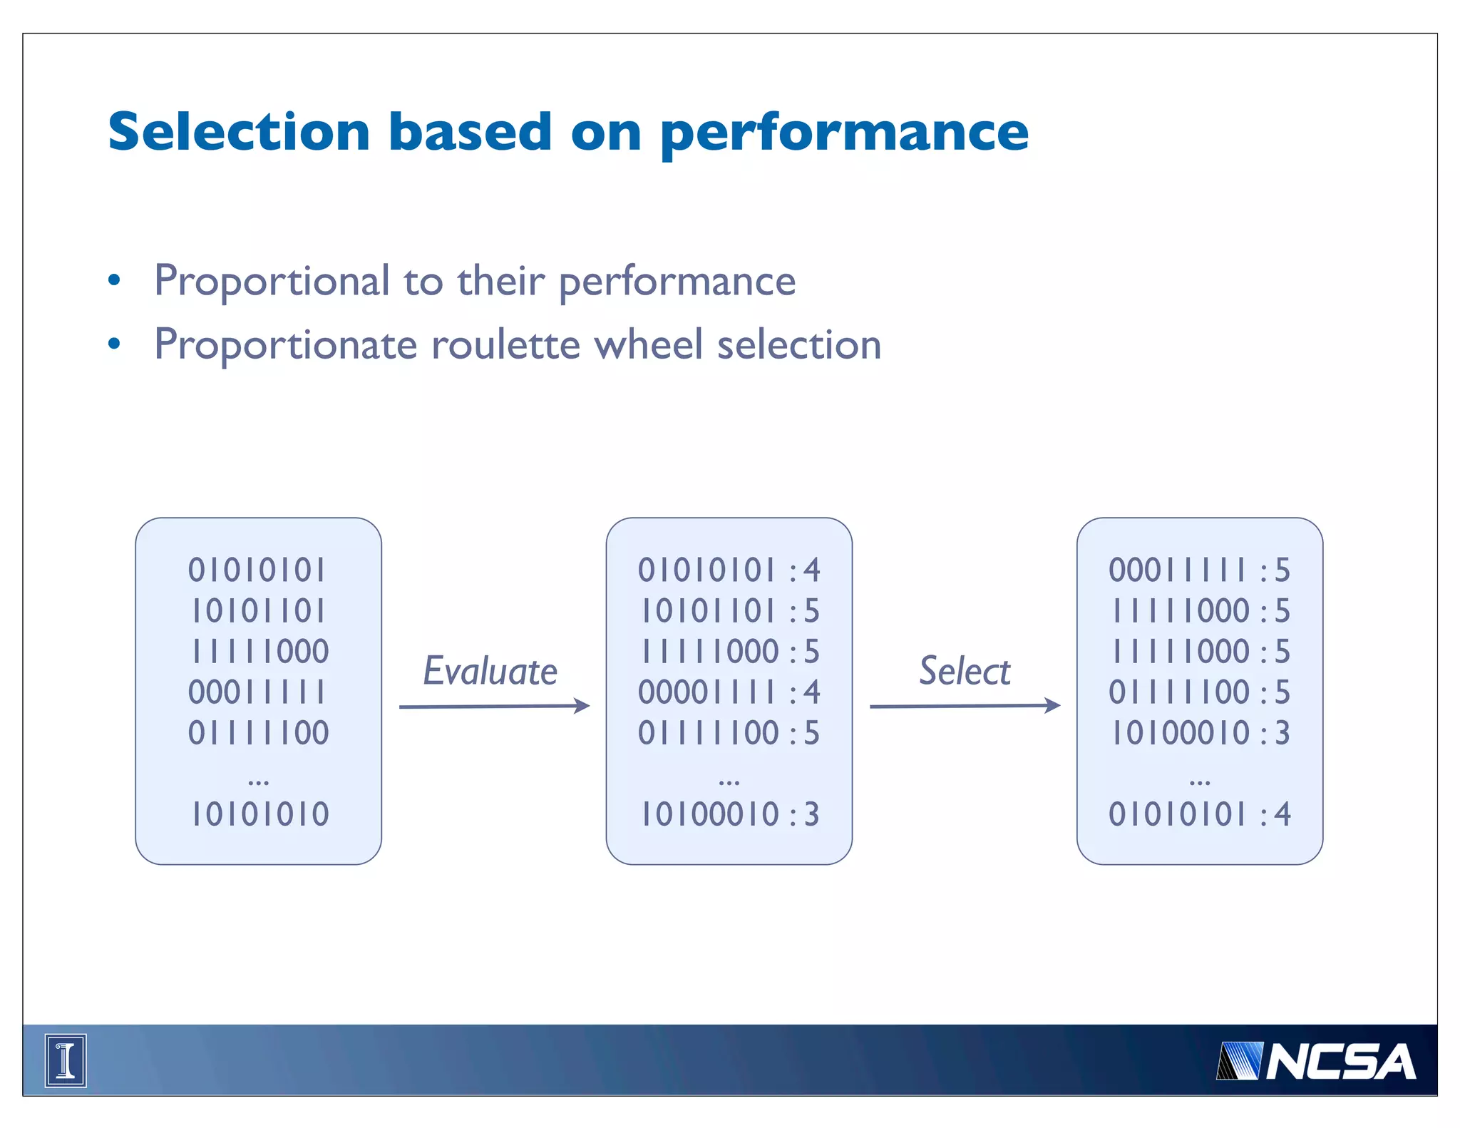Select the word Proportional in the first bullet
(272, 281)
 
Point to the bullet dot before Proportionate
(114, 344)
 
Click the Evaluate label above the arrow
(490, 671)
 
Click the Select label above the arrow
(965, 671)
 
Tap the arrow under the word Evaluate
(494, 706)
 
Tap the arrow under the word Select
(965, 706)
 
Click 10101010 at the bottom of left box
(259, 814)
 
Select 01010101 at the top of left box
(257, 570)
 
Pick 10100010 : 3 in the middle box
(729, 814)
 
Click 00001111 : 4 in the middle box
(729, 692)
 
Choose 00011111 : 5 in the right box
(1200, 570)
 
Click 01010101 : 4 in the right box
(1200, 814)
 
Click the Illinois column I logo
(66, 1060)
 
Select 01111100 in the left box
(258, 733)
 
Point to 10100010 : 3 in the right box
(1200, 733)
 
